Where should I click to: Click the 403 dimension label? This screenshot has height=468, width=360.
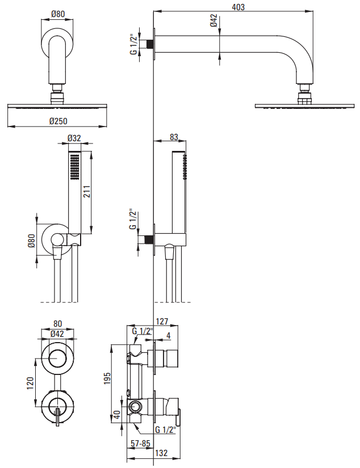[x=238, y=7]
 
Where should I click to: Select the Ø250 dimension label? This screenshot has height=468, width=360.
[x=58, y=121]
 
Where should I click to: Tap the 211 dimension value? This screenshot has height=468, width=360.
[x=86, y=192]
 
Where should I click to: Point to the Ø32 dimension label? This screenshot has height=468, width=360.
[x=74, y=138]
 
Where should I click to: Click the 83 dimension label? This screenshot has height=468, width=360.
[x=174, y=137]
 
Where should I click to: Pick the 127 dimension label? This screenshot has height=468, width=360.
[x=162, y=322]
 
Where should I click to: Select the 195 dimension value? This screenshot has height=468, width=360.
[x=107, y=378]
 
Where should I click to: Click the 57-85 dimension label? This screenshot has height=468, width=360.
[x=140, y=444]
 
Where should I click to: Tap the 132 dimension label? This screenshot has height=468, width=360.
[x=161, y=453]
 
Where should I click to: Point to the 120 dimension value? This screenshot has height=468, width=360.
[x=31, y=383]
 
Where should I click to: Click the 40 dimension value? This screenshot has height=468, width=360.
[x=117, y=414]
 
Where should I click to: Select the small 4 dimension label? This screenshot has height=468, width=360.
[x=169, y=335]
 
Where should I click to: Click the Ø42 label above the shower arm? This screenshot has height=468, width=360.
[x=214, y=20]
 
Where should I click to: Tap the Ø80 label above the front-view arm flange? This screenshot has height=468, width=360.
[x=58, y=14]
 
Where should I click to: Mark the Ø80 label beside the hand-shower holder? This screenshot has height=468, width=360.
[x=31, y=241]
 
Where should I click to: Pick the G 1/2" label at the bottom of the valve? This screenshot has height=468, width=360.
[x=165, y=430]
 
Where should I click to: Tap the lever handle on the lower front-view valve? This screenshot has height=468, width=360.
[x=57, y=417]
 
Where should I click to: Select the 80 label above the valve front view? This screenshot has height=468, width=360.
[x=57, y=323]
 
